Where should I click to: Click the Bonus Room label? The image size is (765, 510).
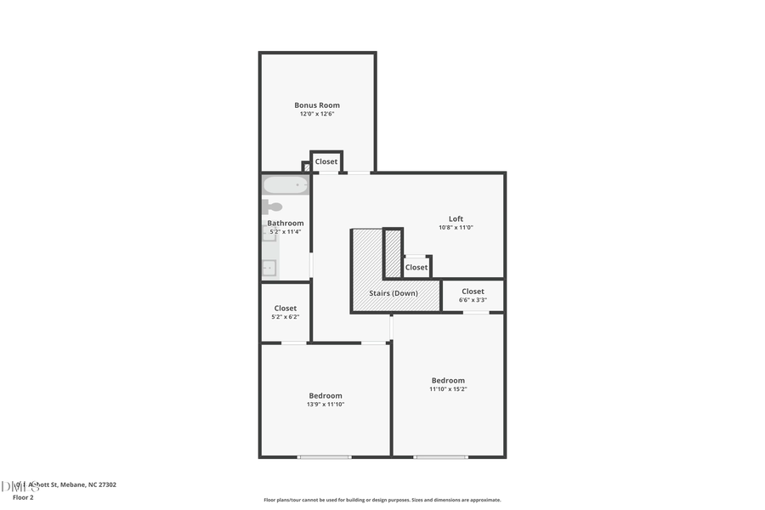pos(317,105)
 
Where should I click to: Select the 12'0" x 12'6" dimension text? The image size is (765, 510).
pos(317,114)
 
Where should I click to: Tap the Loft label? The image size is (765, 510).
pos(456,218)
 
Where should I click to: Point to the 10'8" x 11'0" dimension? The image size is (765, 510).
pos(456,227)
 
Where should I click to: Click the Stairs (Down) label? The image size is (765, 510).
pos(393,293)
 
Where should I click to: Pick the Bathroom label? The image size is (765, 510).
pos(286,223)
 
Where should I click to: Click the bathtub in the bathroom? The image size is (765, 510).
pos(285,185)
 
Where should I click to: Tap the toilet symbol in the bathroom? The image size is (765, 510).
pos(271,207)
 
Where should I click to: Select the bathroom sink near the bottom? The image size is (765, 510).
pos(269,268)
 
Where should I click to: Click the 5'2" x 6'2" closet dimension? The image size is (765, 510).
pos(286,317)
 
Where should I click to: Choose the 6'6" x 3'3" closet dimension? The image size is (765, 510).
pos(473,300)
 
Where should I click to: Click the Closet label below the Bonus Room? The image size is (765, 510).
pos(326,161)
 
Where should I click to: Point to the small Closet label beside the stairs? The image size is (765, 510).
pos(416,268)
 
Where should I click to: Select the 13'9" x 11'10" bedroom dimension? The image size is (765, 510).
pos(326,405)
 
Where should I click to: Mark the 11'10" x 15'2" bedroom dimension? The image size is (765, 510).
pos(448,389)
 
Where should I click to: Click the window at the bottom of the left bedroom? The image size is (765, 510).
pos(324,457)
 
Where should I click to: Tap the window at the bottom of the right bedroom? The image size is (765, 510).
pos(440,457)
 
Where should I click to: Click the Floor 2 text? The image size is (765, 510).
pos(23,496)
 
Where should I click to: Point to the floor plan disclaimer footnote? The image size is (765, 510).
pos(382,500)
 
